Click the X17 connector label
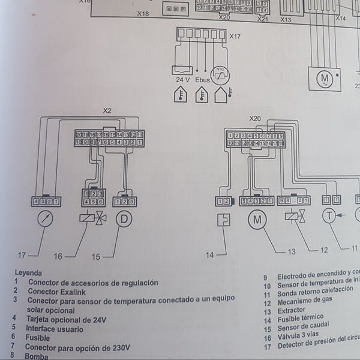235,37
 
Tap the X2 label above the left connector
107,110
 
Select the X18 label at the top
143,13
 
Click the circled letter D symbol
124,219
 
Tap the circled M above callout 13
257,220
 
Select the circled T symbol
329,216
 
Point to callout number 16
58,256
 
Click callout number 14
209,255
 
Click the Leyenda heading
29,272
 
